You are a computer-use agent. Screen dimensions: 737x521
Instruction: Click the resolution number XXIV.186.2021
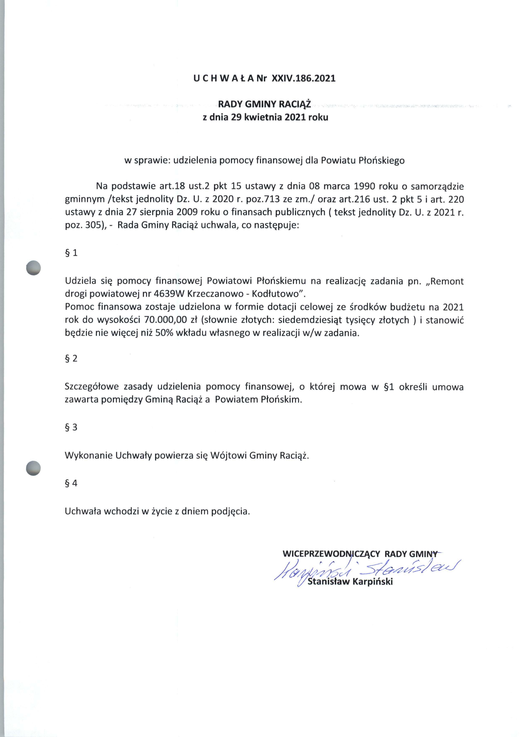coord(303,79)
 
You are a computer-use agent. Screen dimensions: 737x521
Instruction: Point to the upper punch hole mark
coord(33,268)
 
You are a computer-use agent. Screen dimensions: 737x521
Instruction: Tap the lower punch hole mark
coord(33,468)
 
